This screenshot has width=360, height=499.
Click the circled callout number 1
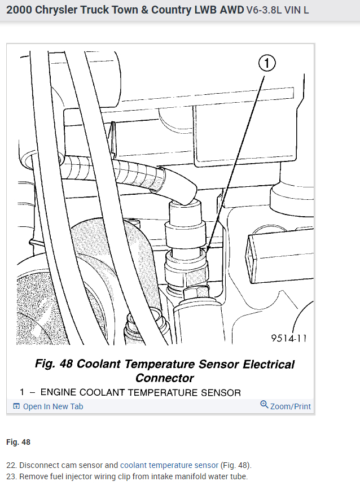click(x=268, y=63)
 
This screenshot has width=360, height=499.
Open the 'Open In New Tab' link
click(x=53, y=406)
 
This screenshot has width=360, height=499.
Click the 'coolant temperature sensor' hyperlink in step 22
click(x=169, y=466)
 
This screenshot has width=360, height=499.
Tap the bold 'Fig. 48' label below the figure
click(x=18, y=442)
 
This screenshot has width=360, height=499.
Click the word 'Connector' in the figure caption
click(x=165, y=378)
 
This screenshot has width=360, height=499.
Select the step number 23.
click(x=11, y=477)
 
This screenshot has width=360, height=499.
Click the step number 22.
click(x=11, y=466)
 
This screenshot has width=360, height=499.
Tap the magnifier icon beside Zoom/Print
click(x=264, y=405)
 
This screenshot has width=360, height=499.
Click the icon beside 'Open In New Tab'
click(x=16, y=406)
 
